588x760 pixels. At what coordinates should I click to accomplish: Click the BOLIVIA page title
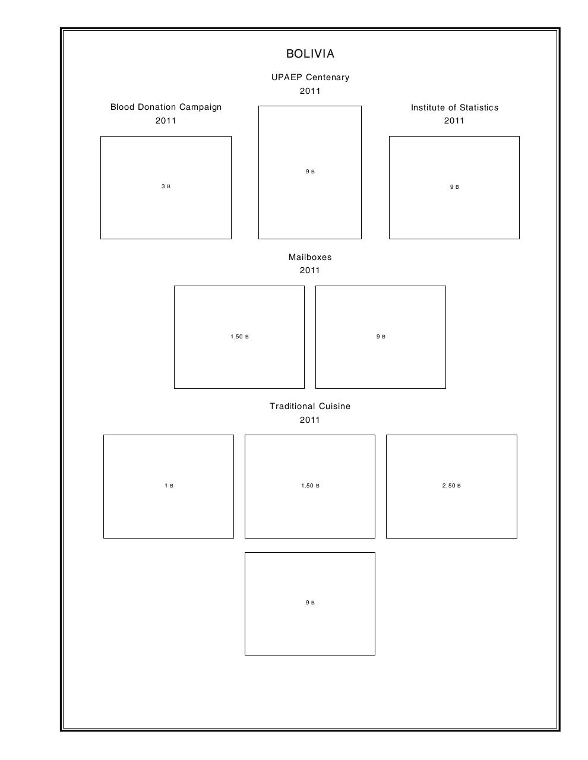(310, 54)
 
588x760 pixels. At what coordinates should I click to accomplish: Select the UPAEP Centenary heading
(310, 77)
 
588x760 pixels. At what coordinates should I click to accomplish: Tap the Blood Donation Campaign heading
(166, 107)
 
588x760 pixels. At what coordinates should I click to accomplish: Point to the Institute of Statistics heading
(454, 107)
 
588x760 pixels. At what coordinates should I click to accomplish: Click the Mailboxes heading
(310, 257)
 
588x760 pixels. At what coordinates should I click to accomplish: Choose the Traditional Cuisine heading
(310, 406)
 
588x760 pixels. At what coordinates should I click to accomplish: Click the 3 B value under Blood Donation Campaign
(166, 186)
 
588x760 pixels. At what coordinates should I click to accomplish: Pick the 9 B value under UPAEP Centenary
(310, 172)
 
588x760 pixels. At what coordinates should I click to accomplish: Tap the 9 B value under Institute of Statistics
(454, 187)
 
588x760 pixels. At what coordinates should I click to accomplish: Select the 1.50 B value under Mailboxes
(239, 337)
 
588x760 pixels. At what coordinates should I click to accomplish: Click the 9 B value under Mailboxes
(381, 337)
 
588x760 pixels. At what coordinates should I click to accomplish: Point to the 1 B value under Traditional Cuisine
(169, 486)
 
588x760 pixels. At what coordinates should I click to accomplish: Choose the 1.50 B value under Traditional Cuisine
(310, 486)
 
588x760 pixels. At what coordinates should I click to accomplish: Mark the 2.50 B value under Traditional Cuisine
(451, 486)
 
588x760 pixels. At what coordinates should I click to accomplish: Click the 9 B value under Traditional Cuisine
(310, 603)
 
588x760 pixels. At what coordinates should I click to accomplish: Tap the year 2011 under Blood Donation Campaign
(166, 121)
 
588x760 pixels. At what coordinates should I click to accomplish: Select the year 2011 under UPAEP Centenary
(310, 91)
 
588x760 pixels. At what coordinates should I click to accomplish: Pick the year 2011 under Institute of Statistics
(454, 121)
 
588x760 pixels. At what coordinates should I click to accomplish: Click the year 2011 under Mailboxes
(310, 270)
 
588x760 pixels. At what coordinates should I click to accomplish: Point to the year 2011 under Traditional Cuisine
(310, 420)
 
